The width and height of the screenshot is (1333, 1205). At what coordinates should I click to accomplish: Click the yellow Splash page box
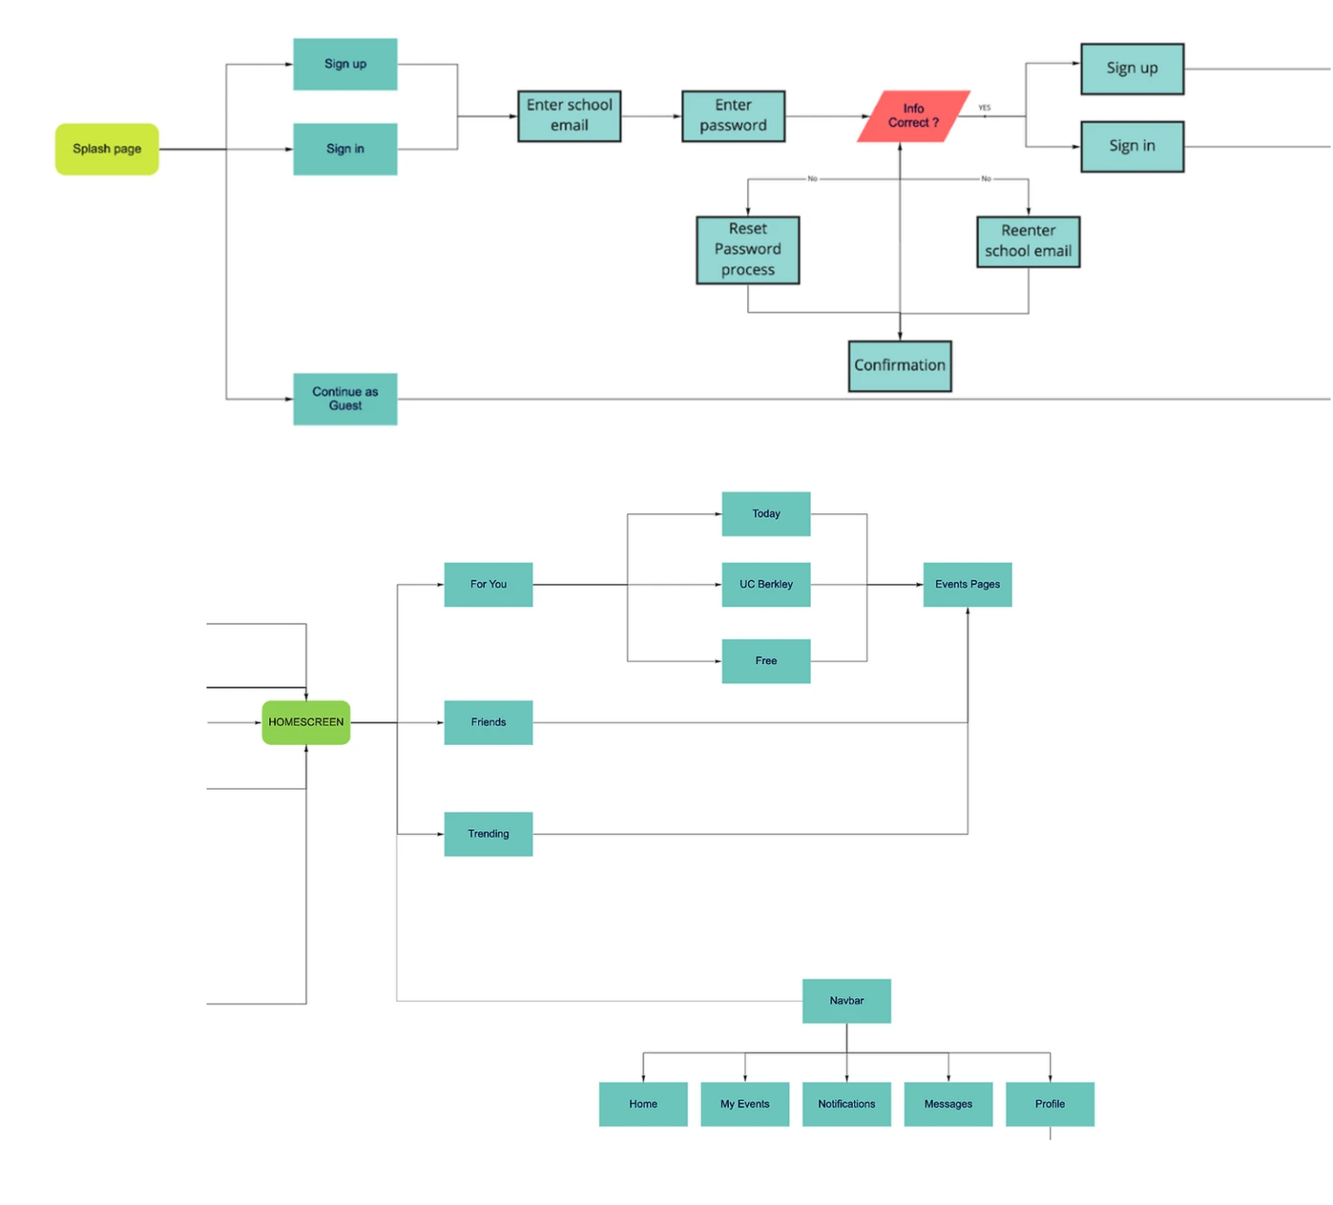coord(107,149)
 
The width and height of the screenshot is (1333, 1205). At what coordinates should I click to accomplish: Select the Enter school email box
coord(569,116)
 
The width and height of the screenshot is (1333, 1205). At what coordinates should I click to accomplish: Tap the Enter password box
coord(733,116)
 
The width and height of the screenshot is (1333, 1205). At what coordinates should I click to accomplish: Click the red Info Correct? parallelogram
coord(914,116)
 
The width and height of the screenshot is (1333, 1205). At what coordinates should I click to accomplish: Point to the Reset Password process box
coord(748,250)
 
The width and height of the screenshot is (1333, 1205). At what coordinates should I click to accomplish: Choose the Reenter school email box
coord(1028,242)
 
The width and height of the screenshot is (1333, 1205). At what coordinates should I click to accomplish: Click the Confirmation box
coord(900,366)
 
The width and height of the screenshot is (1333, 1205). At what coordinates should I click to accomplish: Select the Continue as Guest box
coord(345,399)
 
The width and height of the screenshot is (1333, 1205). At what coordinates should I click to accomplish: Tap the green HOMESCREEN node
coord(306,722)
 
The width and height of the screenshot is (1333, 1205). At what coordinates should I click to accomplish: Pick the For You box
coord(489,584)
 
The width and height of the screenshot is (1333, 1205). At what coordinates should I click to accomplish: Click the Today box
coord(766,514)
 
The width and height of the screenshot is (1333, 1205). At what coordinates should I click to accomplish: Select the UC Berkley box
coord(766,584)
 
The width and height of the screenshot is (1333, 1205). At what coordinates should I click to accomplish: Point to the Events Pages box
coord(968,584)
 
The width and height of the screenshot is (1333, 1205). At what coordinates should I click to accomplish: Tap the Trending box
coord(489,834)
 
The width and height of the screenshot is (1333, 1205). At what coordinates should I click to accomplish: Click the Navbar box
coord(847,1001)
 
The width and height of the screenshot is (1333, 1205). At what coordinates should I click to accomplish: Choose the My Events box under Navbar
coord(745,1104)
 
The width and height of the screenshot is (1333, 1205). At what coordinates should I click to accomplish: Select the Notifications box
coord(847,1104)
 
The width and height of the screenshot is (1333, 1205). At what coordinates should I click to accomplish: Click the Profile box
coord(1050,1104)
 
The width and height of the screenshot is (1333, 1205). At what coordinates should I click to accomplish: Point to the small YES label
coord(984,108)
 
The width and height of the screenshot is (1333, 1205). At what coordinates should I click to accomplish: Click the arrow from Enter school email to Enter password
coord(652,116)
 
